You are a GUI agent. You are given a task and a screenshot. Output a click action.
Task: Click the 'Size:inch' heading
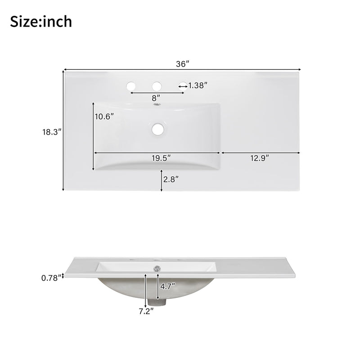(x=41, y=21)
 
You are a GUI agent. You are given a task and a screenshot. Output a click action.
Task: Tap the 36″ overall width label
(x=182, y=64)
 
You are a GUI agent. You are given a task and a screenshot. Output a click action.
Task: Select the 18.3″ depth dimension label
(x=51, y=132)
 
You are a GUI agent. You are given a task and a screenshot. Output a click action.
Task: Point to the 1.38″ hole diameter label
(x=198, y=85)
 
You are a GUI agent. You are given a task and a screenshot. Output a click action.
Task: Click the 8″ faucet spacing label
(x=156, y=98)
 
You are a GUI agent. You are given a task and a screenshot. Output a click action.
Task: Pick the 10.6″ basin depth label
(x=104, y=116)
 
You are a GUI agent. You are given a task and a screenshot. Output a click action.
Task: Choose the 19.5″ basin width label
(x=160, y=158)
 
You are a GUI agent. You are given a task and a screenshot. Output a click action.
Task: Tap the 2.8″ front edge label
(x=171, y=179)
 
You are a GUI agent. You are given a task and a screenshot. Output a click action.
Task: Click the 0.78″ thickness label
(x=50, y=278)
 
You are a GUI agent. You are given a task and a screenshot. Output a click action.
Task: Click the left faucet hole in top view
(x=131, y=85)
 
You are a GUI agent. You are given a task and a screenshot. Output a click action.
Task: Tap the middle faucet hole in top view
(x=157, y=85)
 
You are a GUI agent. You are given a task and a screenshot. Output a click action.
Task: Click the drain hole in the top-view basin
(x=157, y=129)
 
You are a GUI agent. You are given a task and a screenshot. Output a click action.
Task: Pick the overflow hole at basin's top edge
(x=157, y=105)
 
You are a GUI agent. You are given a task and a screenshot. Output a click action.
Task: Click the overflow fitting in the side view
(x=157, y=268)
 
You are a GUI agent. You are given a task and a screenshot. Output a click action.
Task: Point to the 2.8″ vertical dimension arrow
(x=162, y=180)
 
